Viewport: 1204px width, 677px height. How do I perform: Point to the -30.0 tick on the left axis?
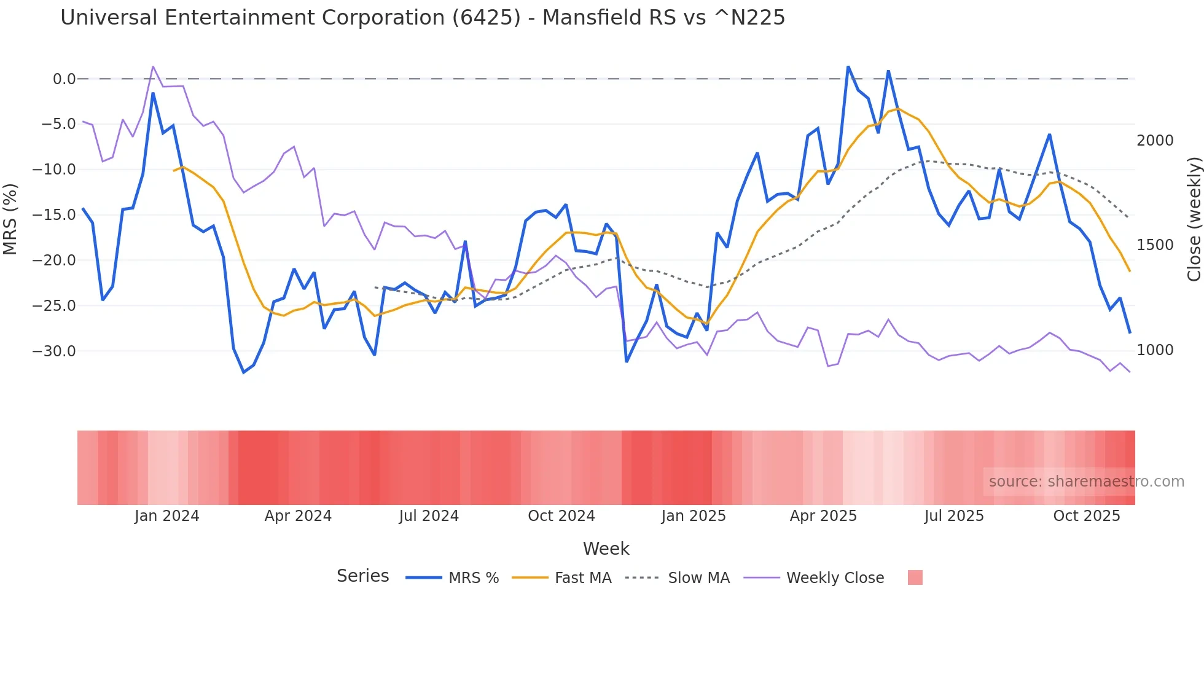point(54,351)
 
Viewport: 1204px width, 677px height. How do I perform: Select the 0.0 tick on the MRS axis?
point(64,79)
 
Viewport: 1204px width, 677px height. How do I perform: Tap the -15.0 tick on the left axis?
point(54,215)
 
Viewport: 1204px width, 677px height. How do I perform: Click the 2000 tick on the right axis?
point(1155,141)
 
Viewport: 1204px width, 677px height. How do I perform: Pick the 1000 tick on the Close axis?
point(1155,350)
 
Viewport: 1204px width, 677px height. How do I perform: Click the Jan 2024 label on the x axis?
point(167,516)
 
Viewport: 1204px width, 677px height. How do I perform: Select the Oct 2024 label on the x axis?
point(561,516)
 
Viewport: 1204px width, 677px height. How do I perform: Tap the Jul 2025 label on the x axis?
point(954,516)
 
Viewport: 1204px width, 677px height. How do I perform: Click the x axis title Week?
point(606,549)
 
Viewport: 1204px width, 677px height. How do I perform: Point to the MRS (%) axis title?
point(10,219)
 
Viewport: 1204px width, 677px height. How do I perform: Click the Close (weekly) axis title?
point(1194,219)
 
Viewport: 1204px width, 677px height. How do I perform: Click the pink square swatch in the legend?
point(915,577)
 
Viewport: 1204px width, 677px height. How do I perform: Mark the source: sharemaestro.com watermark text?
point(1086,482)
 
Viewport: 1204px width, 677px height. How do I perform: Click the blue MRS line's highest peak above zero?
point(848,67)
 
